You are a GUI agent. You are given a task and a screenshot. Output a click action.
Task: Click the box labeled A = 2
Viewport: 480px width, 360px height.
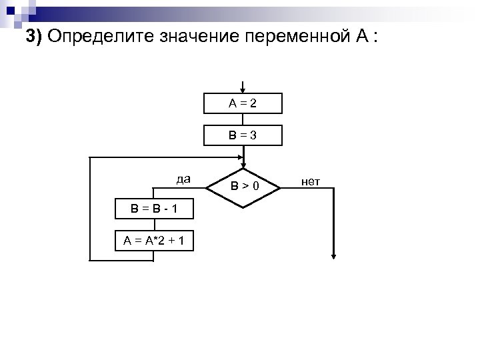pyautogui.click(x=244, y=104)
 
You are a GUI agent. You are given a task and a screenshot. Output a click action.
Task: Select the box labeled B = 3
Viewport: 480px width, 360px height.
pyautogui.click(x=244, y=135)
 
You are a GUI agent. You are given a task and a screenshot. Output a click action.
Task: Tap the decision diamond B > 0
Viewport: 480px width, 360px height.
pyautogui.click(x=245, y=187)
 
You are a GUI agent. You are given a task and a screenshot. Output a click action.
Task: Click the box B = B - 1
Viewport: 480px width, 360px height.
pyautogui.click(x=154, y=209)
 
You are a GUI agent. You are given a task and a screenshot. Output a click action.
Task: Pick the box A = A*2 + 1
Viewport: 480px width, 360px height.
pyautogui.click(x=154, y=241)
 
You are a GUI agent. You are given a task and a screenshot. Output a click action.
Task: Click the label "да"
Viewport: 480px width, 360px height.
pyautogui.click(x=183, y=179)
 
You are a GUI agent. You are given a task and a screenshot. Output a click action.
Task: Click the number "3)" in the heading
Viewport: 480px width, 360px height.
pyautogui.click(x=35, y=36)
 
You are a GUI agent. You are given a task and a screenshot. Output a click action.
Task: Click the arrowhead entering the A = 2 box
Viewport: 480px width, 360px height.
pyautogui.click(x=244, y=90)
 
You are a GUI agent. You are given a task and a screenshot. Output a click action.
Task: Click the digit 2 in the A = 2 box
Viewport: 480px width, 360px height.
pyautogui.click(x=254, y=104)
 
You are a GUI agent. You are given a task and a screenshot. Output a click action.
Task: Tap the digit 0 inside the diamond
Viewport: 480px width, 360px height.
pyautogui.click(x=255, y=188)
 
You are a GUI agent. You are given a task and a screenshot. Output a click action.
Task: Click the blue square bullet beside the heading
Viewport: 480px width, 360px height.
pyautogui.click(x=12, y=10)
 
